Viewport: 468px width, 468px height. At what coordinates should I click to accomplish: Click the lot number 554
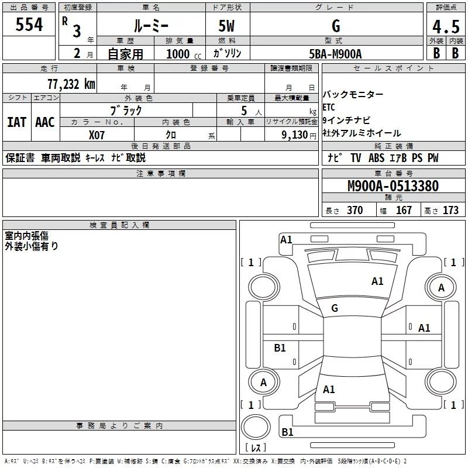click(29, 25)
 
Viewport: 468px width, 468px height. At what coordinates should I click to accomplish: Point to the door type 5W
click(228, 26)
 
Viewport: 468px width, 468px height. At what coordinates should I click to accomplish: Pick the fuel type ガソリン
click(228, 53)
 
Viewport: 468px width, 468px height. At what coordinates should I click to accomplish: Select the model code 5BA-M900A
click(335, 54)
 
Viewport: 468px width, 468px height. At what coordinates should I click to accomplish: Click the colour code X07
click(97, 135)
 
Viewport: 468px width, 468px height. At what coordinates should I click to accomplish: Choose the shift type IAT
click(16, 122)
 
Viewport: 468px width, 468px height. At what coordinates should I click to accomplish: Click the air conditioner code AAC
click(45, 122)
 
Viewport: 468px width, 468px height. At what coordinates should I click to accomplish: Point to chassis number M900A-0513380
click(393, 186)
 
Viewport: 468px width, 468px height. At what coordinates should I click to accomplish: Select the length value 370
click(355, 210)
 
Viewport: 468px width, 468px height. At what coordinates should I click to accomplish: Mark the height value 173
click(450, 210)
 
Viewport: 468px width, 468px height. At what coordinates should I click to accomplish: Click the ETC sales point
click(330, 107)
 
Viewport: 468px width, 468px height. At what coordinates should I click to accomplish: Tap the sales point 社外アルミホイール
click(362, 133)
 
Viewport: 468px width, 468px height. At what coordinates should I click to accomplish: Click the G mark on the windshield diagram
click(335, 308)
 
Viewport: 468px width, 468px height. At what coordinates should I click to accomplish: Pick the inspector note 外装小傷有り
click(32, 246)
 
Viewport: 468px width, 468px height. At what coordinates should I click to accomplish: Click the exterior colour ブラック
click(126, 109)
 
